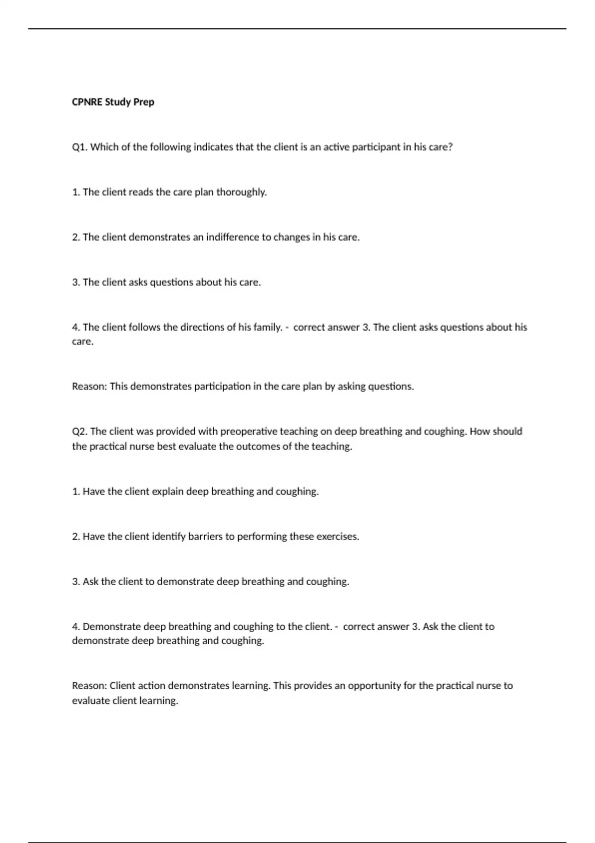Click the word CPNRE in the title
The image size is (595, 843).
[87, 102]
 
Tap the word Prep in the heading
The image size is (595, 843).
[144, 102]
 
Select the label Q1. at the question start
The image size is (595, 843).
[80, 147]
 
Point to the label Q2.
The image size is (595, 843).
[80, 431]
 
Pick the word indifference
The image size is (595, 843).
[232, 237]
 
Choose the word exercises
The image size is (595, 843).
[338, 537]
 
